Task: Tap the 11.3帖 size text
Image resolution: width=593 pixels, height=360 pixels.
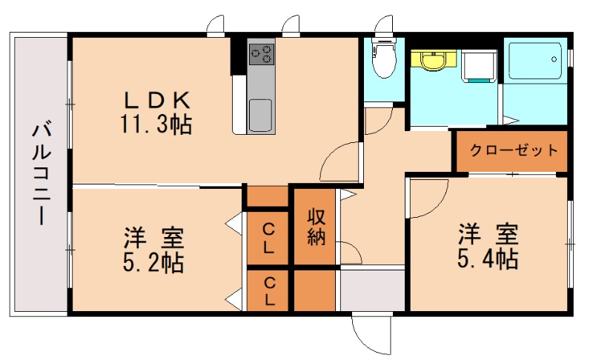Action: [156, 123]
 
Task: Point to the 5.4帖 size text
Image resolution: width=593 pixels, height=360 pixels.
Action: [487, 258]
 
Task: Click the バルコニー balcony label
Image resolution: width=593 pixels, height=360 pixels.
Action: [40, 175]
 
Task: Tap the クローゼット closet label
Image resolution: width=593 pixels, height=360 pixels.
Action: [514, 150]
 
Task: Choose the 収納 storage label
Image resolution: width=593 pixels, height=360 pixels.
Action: [318, 227]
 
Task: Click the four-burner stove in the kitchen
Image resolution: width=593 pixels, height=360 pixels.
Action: [261, 53]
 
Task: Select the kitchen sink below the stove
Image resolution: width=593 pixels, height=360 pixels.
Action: [261, 116]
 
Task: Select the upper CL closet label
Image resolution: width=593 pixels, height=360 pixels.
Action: [270, 238]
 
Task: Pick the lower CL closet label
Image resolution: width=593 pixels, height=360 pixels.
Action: [270, 291]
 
